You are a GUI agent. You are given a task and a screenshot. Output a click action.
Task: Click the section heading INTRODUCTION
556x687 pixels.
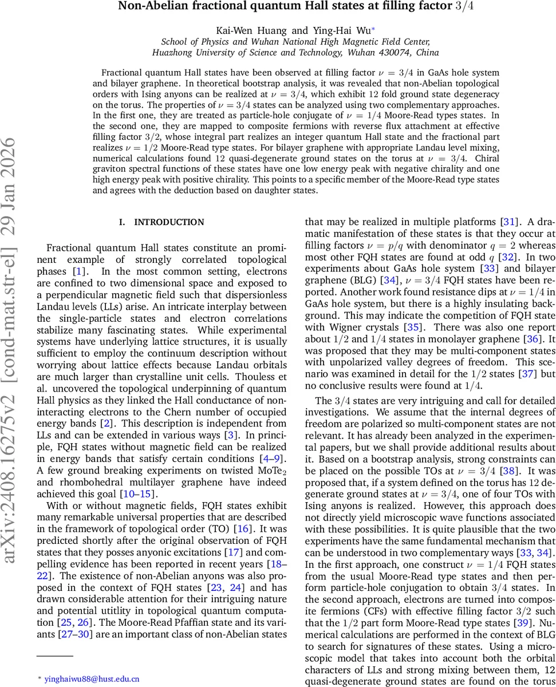[x=169, y=222]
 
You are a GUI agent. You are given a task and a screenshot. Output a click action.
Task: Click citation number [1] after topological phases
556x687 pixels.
[x=82, y=271]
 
